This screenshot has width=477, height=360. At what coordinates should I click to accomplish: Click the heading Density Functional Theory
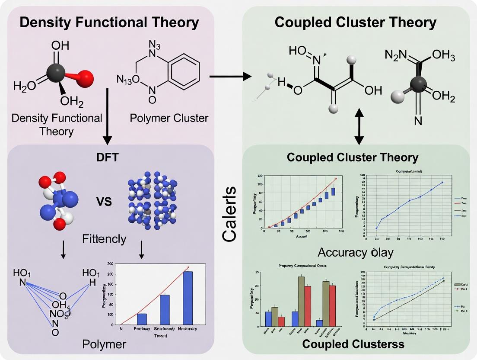point(109,22)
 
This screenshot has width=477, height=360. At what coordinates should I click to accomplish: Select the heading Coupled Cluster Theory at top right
point(356,22)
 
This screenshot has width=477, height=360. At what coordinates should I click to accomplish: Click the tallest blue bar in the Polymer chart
point(188,298)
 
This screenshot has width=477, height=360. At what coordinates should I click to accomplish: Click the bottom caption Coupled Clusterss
point(353,344)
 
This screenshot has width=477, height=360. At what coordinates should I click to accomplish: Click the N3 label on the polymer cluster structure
point(155,44)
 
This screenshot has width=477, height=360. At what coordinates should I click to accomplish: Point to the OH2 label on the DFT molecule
point(71,102)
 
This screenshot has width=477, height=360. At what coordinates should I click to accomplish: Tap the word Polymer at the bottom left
point(104,344)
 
